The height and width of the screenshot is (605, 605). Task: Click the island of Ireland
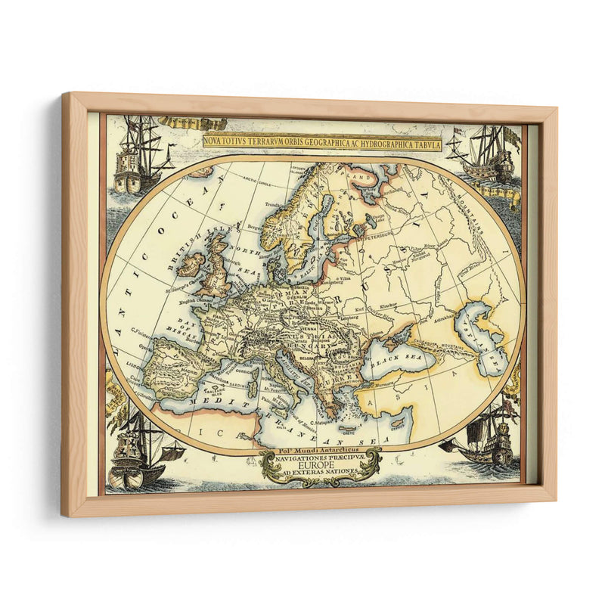click(189, 265)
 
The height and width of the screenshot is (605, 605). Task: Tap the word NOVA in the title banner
click(217, 141)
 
